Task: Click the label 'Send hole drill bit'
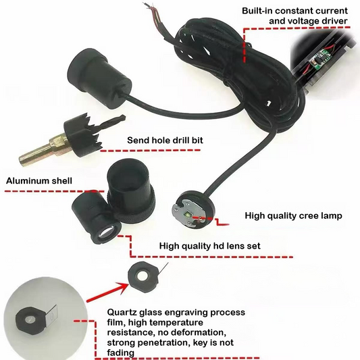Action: pos(165,140)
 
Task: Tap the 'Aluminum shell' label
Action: pos(39,181)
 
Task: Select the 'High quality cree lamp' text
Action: pos(293,215)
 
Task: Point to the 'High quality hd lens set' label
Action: pos(210,246)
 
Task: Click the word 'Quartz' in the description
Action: pos(122,313)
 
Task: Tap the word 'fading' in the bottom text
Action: pos(120,353)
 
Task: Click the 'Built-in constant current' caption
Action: pos(294,11)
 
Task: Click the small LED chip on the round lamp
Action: pos(187,215)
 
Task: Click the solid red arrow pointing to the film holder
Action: pos(107,292)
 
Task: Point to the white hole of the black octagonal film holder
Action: pos(143,277)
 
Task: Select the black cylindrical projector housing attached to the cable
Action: pos(100,78)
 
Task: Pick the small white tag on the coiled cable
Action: pos(267,103)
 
